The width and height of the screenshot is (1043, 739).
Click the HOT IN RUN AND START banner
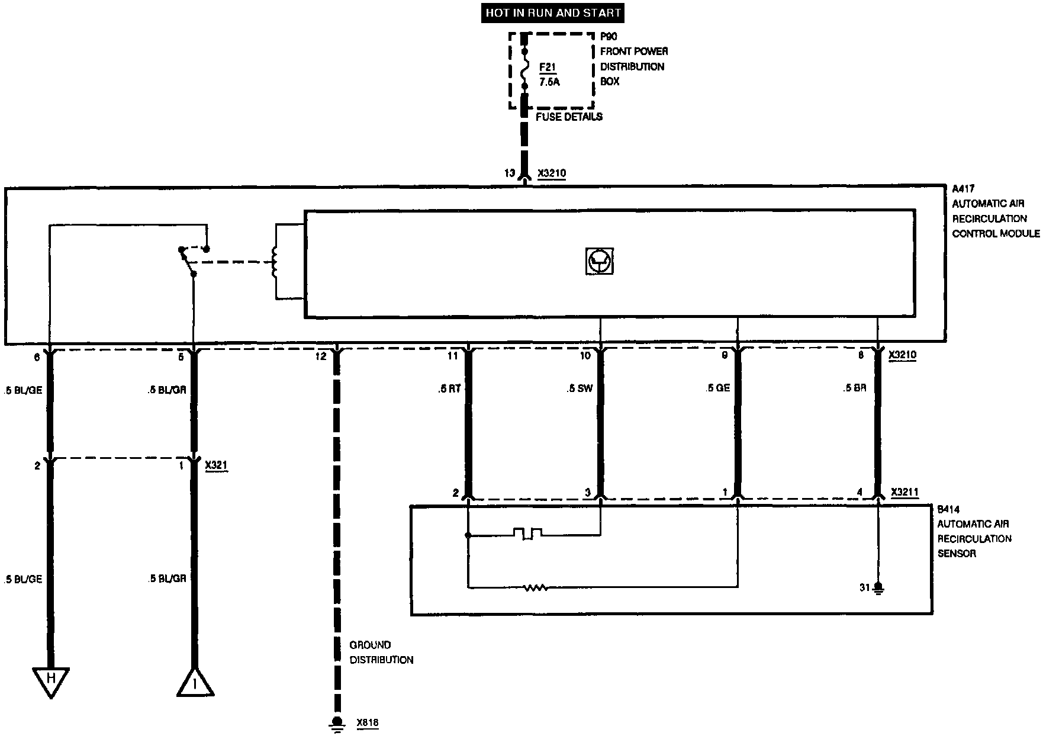pyautogui.click(x=553, y=12)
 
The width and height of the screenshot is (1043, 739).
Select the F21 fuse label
pyautogui.click(x=548, y=68)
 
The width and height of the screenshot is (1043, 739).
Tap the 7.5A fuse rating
pyautogui.click(x=549, y=82)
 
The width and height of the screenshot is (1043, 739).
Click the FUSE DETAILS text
pyautogui.click(x=569, y=117)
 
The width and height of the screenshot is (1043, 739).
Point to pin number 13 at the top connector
pyautogui.click(x=510, y=173)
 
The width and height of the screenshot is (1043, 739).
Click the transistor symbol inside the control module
pyautogui.click(x=598, y=261)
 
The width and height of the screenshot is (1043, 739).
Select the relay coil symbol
pyautogui.click(x=273, y=262)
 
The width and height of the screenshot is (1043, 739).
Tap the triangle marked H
pyautogui.click(x=51, y=680)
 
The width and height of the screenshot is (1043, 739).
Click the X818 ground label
pyautogui.click(x=367, y=723)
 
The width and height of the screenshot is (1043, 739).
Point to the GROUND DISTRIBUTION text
pyautogui.click(x=381, y=653)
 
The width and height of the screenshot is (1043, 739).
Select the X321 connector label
pyautogui.click(x=216, y=465)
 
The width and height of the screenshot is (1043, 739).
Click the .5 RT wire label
pyautogui.click(x=449, y=388)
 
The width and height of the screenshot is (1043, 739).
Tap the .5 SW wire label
pyautogui.click(x=579, y=388)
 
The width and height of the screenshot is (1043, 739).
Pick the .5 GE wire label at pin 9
pyautogui.click(x=717, y=388)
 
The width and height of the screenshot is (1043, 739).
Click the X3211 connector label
pyautogui.click(x=904, y=492)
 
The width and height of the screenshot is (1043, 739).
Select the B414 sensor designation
pyautogui.click(x=948, y=509)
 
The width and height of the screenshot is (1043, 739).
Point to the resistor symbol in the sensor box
pyautogui.click(x=535, y=587)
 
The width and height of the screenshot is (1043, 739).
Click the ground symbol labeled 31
pyautogui.click(x=878, y=588)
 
